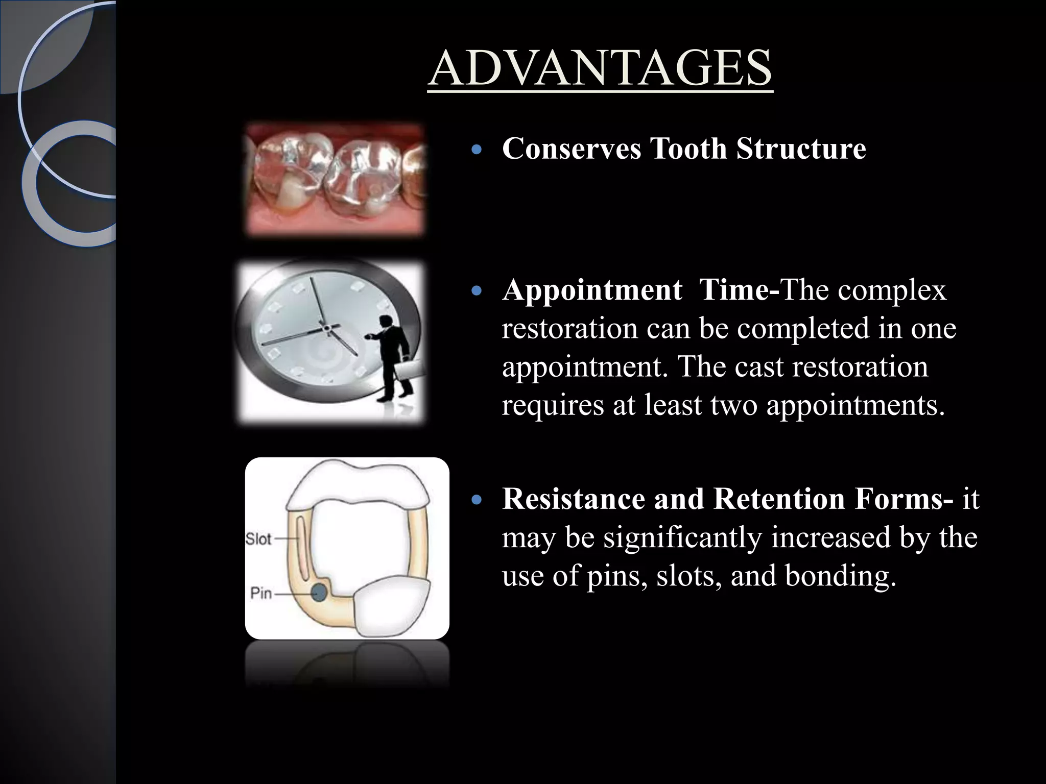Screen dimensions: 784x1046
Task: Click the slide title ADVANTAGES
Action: (x=600, y=69)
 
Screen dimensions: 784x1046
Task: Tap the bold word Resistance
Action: (x=573, y=499)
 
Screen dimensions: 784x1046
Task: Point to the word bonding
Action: (x=840, y=576)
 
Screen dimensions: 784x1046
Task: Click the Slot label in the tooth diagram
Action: (x=258, y=539)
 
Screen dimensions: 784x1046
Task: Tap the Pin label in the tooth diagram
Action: (x=261, y=594)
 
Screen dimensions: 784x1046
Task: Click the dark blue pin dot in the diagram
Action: (x=319, y=593)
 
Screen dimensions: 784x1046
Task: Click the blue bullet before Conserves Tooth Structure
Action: (x=477, y=151)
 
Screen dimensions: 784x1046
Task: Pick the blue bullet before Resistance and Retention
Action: (x=477, y=500)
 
